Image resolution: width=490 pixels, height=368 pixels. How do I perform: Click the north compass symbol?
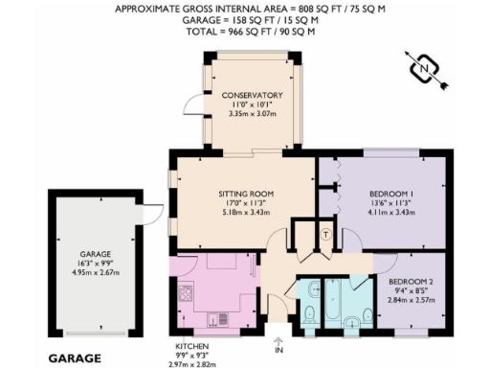pos(426,69)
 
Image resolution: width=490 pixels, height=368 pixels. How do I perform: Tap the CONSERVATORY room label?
pos(251,96)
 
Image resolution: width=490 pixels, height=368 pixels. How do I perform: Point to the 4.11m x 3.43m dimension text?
pos(390,211)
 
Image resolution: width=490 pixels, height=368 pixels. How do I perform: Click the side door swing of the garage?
pos(146,217)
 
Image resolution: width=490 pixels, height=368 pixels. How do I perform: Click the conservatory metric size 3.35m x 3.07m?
pos(251,114)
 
